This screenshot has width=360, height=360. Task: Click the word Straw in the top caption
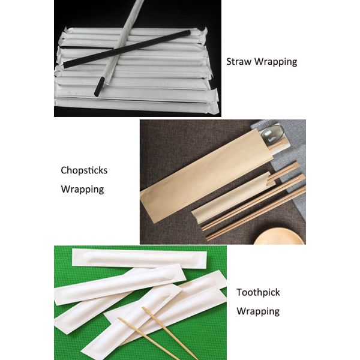pos(238,62)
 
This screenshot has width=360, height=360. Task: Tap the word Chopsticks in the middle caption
pos(84,170)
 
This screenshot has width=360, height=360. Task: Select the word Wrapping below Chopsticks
pos(82,190)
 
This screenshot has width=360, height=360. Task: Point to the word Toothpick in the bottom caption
pos(258,293)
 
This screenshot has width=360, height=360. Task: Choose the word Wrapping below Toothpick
pos(258,311)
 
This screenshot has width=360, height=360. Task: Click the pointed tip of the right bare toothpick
pos(143,308)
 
